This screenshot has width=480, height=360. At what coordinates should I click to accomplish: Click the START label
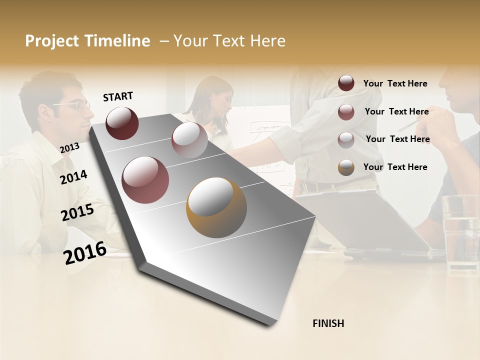coord(118,96)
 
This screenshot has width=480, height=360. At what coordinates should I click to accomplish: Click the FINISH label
coord(328,323)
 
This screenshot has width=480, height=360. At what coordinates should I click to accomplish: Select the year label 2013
coord(69,147)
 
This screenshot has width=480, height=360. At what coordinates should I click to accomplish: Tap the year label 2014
coord(73,177)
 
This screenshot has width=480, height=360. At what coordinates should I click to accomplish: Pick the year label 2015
coord(77,213)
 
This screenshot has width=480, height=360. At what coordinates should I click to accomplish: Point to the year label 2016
coord(84,252)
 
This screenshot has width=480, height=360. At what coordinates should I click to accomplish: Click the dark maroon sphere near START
coord(122,123)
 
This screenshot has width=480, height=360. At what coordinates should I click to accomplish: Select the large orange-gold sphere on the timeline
coord(216,207)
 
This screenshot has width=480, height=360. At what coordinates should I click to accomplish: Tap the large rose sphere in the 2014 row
coord(145,180)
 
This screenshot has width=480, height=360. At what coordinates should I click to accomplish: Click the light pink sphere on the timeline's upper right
coord(189,140)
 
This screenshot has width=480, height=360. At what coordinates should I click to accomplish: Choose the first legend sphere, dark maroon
coord(346,83)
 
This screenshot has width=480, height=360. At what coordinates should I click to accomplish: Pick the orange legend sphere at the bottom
coord(346,167)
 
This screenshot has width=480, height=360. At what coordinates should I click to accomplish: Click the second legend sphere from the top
coord(346,112)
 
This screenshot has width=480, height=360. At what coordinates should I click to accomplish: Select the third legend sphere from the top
coord(346,140)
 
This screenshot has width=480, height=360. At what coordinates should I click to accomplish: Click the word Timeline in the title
coord(118,41)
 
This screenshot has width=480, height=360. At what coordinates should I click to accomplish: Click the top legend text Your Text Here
coord(395,83)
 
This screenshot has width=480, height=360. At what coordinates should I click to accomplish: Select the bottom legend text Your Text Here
coord(395,167)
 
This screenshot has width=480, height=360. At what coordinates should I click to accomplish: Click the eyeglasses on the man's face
coord(75,105)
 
